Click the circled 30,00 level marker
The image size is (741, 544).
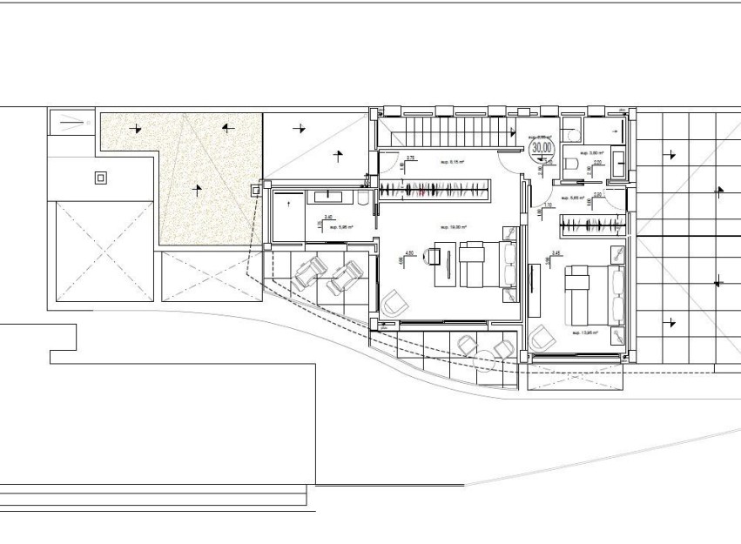pyautogui.click(x=542, y=149)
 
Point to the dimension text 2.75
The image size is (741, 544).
pyautogui.click(x=411, y=158)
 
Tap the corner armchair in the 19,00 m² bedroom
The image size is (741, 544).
pyautogui.click(x=394, y=303)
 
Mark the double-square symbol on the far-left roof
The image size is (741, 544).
pyautogui.click(x=101, y=178)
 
